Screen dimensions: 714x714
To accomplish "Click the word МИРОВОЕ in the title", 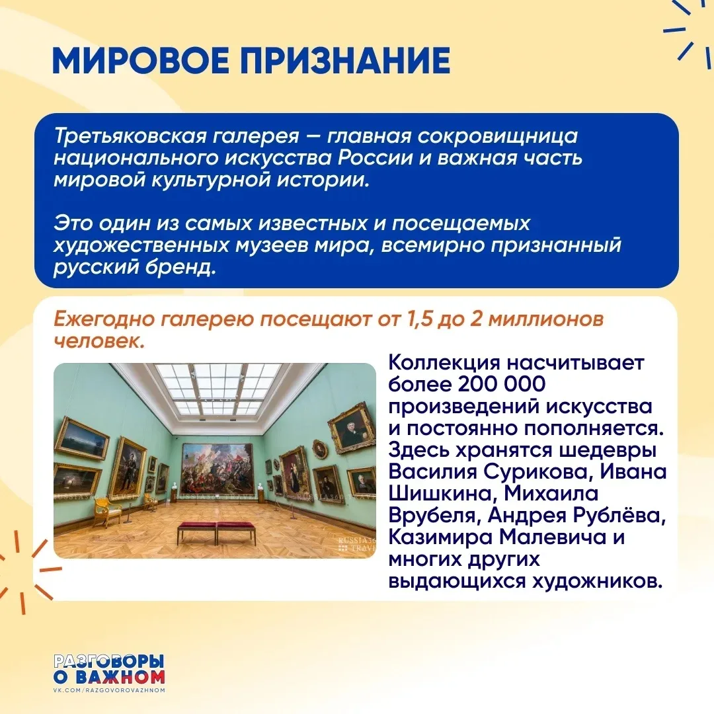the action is tap(141, 60).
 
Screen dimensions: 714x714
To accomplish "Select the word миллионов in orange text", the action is tap(545, 319).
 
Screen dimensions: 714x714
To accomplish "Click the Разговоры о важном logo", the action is tap(109, 670).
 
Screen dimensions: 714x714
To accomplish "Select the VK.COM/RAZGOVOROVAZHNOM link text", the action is tap(109, 690).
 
